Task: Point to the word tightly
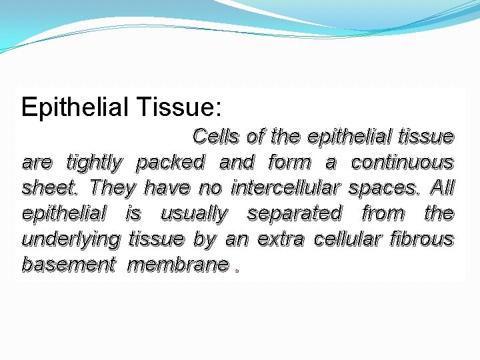pos(95,163)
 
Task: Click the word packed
pos(170,163)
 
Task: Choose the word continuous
pos(403,162)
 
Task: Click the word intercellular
pos(286,188)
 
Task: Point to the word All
pos(442,187)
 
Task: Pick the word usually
pos(194,213)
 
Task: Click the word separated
pos(294,213)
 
